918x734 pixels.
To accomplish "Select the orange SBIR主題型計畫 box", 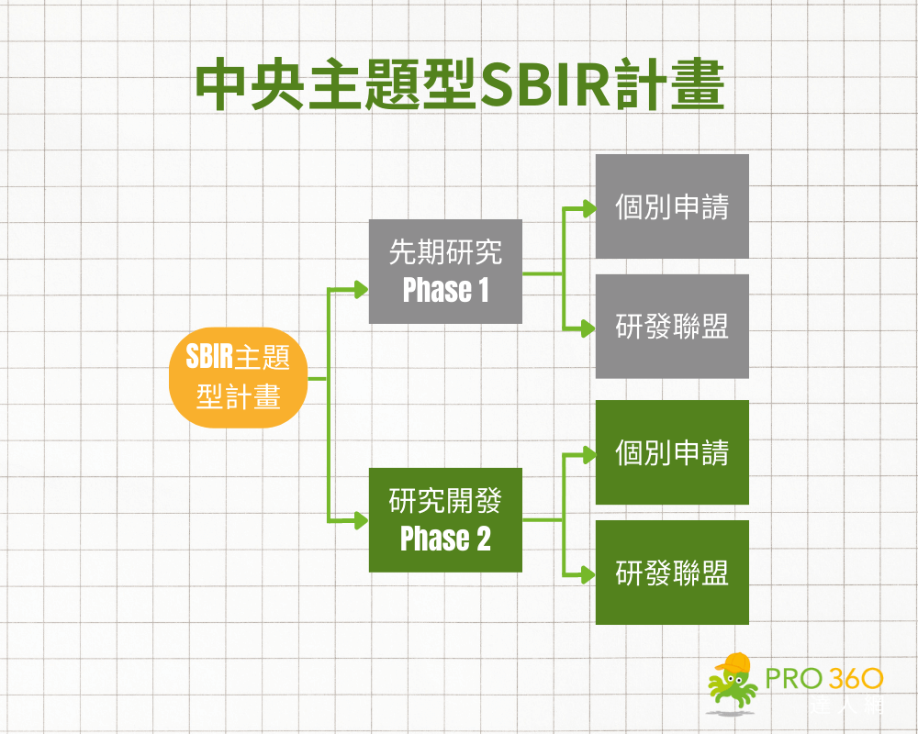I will coord(238,377).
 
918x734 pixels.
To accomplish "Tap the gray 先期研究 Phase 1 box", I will coord(445,272).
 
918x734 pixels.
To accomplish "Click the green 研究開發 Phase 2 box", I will coord(445,519).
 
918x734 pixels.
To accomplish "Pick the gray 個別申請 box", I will coord(672,206).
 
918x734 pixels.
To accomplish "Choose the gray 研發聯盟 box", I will coord(672,327).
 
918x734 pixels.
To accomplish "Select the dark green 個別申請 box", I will coord(672,452).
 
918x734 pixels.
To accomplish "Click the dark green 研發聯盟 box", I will coord(672,573).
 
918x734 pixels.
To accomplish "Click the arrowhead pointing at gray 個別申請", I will coord(588,207).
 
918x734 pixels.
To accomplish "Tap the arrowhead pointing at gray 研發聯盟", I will coord(588,328).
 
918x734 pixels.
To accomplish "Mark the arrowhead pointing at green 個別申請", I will coord(588,453).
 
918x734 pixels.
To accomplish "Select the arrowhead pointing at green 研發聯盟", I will coord(588,573).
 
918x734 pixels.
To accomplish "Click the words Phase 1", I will coord(445,291).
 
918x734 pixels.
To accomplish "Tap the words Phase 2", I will coord(445,539).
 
